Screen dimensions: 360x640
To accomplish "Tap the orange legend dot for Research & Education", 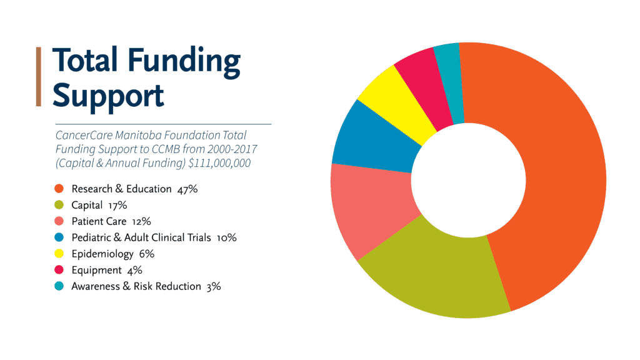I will tap(59, 189).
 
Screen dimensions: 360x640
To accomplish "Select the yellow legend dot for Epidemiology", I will tap(59, 254).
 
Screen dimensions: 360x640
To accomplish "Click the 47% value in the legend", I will tap(187, 189).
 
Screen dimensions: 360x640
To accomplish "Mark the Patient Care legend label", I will tap(99, 221).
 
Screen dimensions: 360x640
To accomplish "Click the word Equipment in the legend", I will tap(96, 270).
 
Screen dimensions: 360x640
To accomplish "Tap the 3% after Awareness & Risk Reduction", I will tap(213, 286).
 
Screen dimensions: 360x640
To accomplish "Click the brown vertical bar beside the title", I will tap(38, 76).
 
